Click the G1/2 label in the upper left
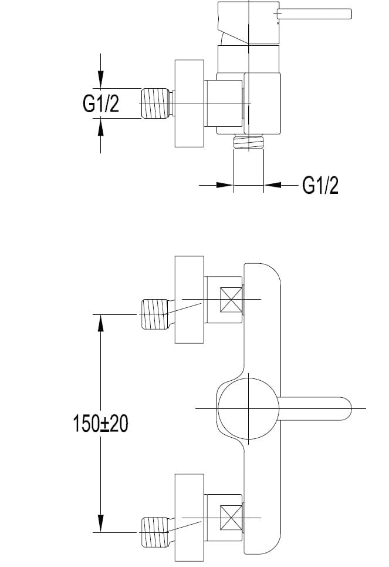(101, 103)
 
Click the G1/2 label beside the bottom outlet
(320, 186)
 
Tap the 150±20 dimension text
(100, 424)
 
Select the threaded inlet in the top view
(155, 103)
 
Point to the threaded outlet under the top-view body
(249, 141)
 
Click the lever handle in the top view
(314, 14)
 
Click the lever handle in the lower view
(314, 409)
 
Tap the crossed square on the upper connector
(231, 299)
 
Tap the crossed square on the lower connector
(231, 518)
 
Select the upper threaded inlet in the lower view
(154, 314)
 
